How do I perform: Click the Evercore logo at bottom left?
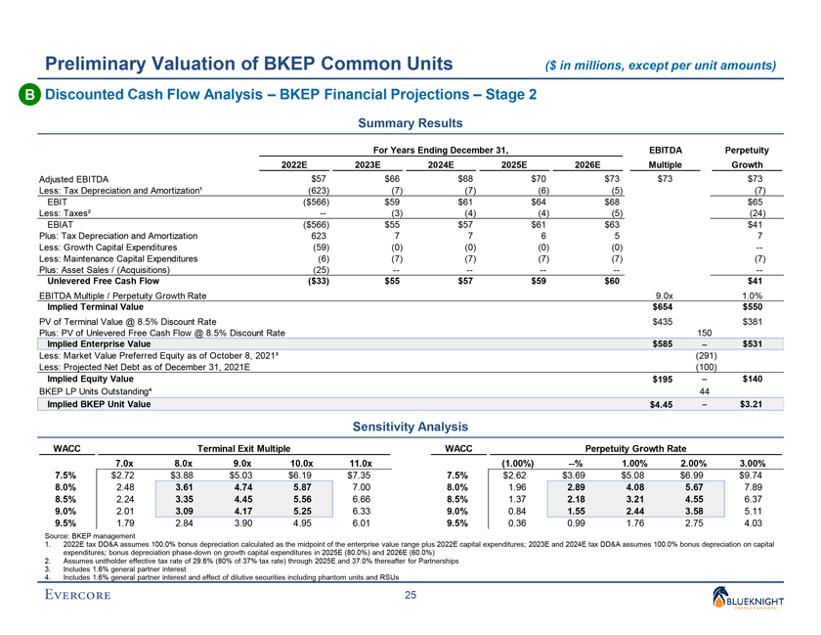83,596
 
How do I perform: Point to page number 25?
410,596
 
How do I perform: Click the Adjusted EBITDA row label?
73,180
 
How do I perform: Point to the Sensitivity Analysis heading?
410,427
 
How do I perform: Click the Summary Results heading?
410,123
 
